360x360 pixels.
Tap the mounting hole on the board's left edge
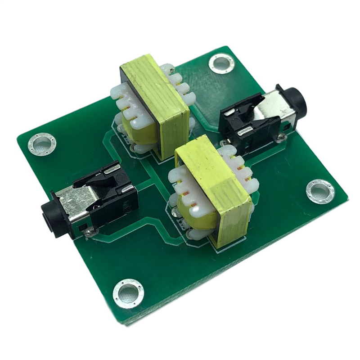pos(42,144)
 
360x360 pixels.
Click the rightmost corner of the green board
pos(349,198)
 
